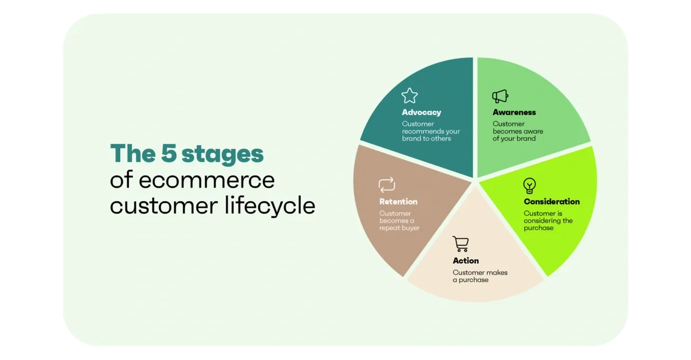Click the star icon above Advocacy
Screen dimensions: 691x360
click(x=410, y=96)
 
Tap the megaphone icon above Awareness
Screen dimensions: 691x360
click(x=500, y=96)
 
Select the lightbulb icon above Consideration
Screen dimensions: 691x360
click(x=529, y=186)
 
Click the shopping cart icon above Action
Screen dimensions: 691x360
click(x=461, y=244)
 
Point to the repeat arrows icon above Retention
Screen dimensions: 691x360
click(x=387, y=185)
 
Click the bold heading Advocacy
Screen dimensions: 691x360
click(x=422, y=112)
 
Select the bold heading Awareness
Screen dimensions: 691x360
click(x=514, y=112)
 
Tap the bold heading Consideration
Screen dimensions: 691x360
click(x=552, y=202)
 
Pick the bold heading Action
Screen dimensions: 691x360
click(x=466, y=261)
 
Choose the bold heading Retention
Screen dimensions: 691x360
click(x=398, y=202)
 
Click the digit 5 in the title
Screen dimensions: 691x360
click(x=168, y=153)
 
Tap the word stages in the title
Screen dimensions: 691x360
click(x=223, y=155)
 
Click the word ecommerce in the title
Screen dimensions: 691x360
click(x=207, y=180)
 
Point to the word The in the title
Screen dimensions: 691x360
click(x=133, y=153)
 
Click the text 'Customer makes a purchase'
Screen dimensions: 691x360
click(x=480, y=276)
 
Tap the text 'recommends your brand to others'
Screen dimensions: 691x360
click(x=431, y=135)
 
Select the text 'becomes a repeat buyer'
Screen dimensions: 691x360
click(x=400, y=224)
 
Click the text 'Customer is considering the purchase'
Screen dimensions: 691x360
click(x=548, y=221)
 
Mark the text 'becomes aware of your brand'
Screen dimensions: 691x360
click(x=518, y=135)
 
